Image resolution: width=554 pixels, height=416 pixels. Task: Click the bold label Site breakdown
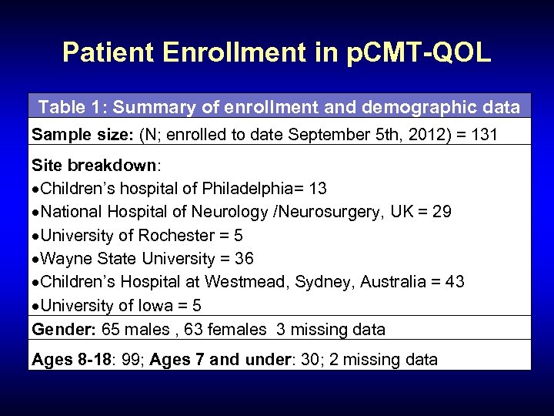tap(93, 166)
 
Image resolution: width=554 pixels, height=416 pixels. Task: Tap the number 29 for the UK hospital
tap(442, 212)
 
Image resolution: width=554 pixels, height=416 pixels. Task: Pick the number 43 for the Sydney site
tap(454, 281)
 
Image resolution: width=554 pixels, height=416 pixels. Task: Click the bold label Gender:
tap(60, 329)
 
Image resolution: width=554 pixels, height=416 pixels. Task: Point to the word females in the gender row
tap(213, 329)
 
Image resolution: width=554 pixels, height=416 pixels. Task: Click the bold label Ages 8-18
tap(66, 358)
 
